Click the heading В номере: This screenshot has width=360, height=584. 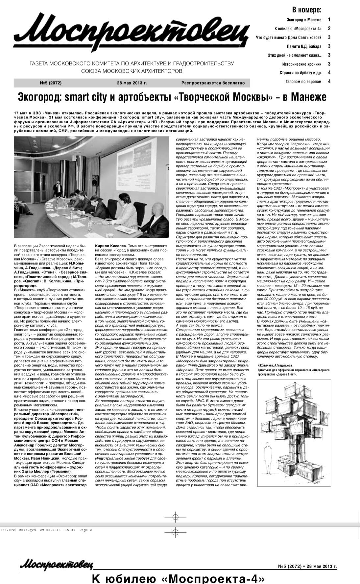tap(306, 10)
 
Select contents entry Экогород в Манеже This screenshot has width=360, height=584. tap(304, 20)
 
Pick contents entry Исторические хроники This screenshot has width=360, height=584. tap(301, 64)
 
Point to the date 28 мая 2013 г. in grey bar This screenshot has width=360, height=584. tap(132, 83)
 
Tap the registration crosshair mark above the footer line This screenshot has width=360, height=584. tap(175, 517)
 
